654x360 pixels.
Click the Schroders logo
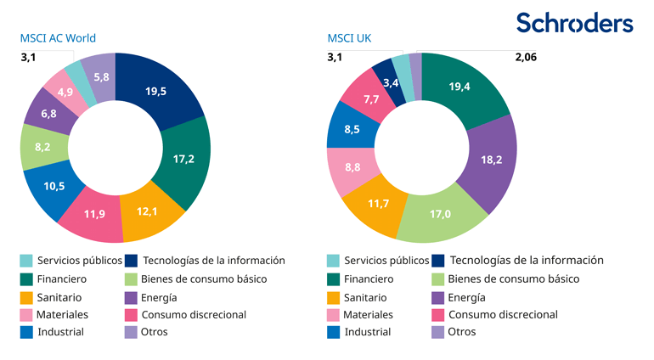coord(574,23)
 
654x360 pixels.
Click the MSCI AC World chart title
coord(58,38)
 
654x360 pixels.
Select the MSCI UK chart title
coord(349,38)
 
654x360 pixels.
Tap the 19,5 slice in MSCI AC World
coord(156,92)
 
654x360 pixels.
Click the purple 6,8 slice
coord(48,113)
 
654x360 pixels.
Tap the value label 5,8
coord(101,77)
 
